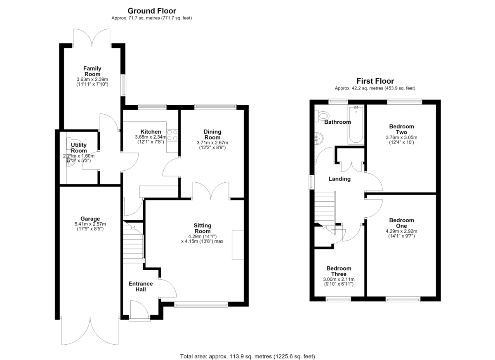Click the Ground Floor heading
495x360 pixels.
[152, 11]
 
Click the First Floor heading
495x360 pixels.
[375, 81]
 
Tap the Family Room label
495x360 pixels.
[92, 71]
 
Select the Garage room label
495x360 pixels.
[90, 219]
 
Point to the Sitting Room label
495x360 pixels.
[203, 228]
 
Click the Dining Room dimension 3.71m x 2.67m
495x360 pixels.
[212, 143]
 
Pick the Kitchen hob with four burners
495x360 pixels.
[172, 135]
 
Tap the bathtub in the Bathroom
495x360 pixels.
[356, 125]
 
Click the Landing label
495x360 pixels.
[339, 179]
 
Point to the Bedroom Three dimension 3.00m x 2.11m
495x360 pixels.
[339, 280]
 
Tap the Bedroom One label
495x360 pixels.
[401, 223]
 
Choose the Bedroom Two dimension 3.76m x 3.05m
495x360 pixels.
[401, 137]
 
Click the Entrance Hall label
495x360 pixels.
[141, 287]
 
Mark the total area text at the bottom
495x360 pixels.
[247, 350]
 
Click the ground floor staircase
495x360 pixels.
[133, 242]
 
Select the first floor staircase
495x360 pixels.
[325, 212]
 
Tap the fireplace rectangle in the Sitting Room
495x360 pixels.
[238, 245]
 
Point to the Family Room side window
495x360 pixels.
[124, 85]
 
